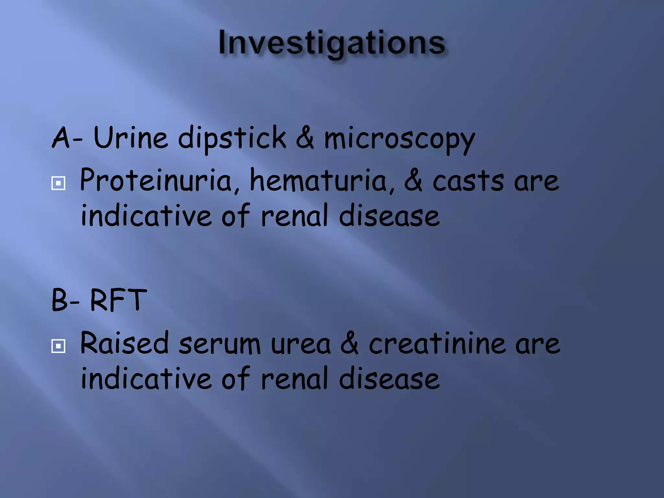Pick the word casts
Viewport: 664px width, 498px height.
(x=468, y=181)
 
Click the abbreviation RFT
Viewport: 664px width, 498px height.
(x=118, y=300)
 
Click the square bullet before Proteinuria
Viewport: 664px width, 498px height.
(x=58, y=184)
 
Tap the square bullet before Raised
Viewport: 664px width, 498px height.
(x=58, y=346)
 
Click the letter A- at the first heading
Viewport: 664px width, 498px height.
(x=67, y=138)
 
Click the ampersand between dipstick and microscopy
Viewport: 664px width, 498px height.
(x=305, y=138)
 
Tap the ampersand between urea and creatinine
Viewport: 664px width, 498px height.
(x=350, y=344)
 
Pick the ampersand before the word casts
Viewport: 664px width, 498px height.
(x=413, y=181)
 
